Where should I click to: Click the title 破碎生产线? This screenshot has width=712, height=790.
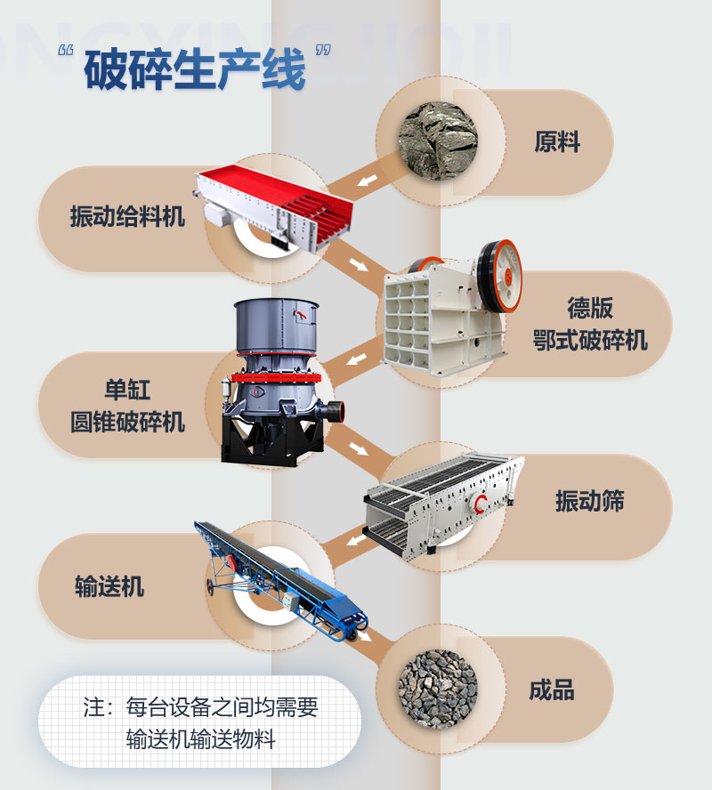pos(195,69)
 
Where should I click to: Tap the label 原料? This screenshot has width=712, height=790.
pos(557,141)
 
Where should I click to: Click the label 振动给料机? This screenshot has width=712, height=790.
pos(127,215)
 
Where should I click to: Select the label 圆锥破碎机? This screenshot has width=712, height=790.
pos(127,421)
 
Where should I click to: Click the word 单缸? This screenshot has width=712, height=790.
pos(127,390)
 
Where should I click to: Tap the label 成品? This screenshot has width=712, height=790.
pos(552,690)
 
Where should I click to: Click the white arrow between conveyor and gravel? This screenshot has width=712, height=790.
pos(366,637)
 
